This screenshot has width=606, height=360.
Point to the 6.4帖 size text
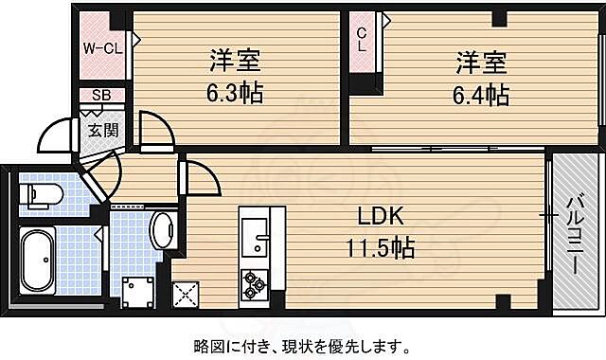(x=483, y=94)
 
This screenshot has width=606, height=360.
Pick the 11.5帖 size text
(x=382, y=248)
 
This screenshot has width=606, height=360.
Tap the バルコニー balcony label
(x=575, y=234)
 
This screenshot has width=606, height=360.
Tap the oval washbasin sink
(x=163, y=230)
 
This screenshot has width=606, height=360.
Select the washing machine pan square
(x=135, y=289)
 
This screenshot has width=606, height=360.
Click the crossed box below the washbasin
(x=185, y=294)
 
